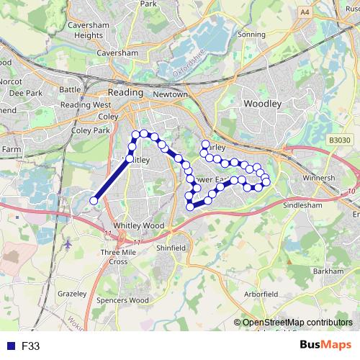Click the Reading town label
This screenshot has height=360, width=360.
126,93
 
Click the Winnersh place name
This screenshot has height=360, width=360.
319,177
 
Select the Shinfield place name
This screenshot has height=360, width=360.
171,248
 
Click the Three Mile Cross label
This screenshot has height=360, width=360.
119,257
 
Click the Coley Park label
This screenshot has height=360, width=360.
91,130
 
